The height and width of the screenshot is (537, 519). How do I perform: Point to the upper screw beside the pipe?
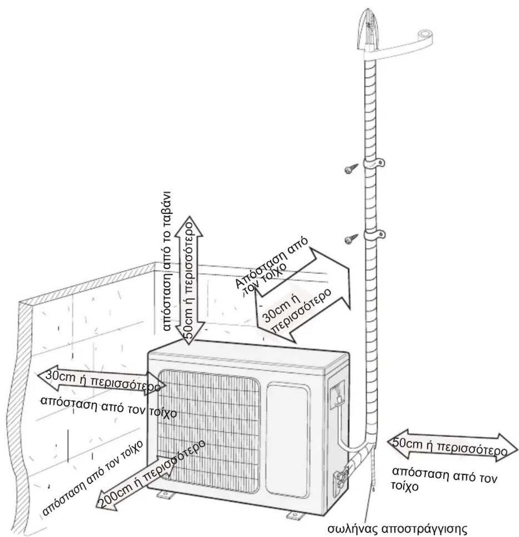pyautogui.click(x=351, y=169)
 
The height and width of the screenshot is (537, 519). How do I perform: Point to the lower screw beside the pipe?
pyautogui.click(x=351, y=239)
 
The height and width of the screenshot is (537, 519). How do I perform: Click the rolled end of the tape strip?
pyautogui.click(x=425, y=35)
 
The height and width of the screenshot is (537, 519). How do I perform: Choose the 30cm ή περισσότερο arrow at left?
pyautogui.click(x=101, y=382)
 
